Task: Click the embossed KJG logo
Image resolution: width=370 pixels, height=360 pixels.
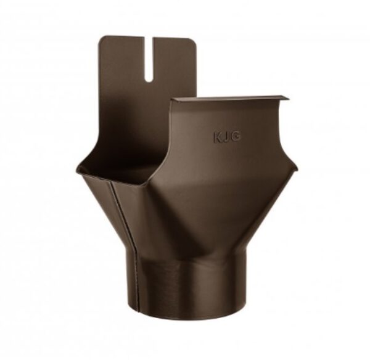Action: click(x=227, y=137)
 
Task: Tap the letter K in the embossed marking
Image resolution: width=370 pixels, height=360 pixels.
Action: click(x=218, y=137)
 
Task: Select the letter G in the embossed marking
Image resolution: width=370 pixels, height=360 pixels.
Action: click(x=236, y=137)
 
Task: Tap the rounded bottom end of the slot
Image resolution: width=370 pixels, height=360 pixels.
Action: click(x=149, y=80)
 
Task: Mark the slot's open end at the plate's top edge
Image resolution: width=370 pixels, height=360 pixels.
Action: click(x=149, y=38)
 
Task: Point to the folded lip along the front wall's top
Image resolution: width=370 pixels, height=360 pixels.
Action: click(x=231, y=99)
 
